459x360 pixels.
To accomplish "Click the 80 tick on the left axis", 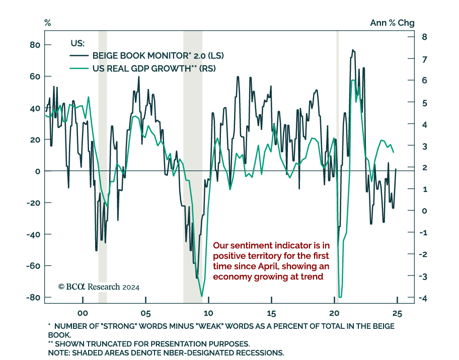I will pos(34,45).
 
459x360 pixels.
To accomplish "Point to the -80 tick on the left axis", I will pos(33,297).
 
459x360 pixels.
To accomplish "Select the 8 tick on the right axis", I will pos(424,37).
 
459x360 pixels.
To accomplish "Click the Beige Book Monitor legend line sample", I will pos(79,56).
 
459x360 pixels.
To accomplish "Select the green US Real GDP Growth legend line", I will pos(79,68).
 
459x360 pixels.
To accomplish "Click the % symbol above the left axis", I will pos(48,23).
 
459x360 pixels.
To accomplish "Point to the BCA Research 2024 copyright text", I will pos(99,287).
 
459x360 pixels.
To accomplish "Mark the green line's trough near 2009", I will pos(201,296).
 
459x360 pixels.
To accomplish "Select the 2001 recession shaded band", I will pos(102,166).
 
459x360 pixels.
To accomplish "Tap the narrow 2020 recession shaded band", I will pos(337,166).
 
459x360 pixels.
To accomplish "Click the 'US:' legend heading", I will pos(77,44).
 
